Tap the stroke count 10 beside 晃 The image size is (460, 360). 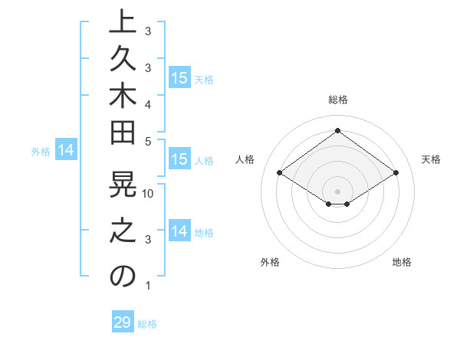[x=149, y=193]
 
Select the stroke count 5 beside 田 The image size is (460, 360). [x=148, y=141]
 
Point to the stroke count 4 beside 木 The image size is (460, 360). [x=148, y=103]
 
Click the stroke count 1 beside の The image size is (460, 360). [x=148, y=286]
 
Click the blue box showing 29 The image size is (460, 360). [x=123, y=322]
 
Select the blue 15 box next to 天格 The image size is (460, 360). [x=179, y=77]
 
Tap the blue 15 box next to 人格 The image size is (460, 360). [x=179, y=160]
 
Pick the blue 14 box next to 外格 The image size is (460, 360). [x=67, y=151]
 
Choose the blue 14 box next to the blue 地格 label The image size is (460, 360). [x=179, y=231]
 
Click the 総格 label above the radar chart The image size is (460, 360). [x=337, y=100]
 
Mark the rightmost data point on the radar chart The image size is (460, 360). [x=396, y=173]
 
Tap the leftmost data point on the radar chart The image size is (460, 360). [x=279, y=173]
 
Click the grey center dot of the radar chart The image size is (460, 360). [x=337, y=191]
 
